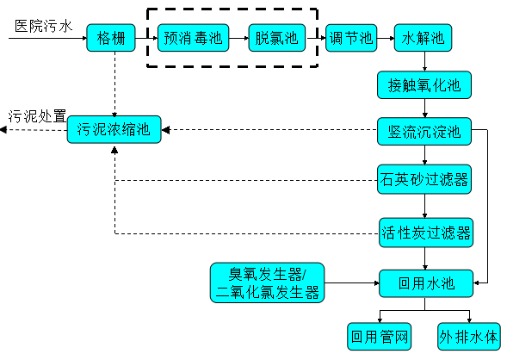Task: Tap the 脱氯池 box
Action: (x=276, y=38)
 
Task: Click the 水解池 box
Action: (x=423, y=38)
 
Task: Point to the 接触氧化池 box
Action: (x=425, y=85)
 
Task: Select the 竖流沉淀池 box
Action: (x=425, y=132)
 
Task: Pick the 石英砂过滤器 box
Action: (x=425, y=179)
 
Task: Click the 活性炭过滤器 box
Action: (x=425, y=232)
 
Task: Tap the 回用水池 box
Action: (x=425, y=282)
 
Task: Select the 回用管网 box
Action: (x=376, y=333)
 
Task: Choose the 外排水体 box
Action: (x=469, y=333)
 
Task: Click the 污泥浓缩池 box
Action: (x=114, y=131)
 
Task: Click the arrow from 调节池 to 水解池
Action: (x=386, y=38)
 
